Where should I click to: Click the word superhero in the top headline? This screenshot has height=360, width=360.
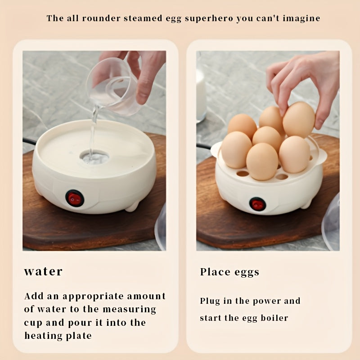point(209,19)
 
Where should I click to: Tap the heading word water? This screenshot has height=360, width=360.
point(43,271)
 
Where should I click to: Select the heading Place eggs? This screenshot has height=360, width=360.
point(229,272)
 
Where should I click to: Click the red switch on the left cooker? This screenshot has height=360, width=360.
point(75,198)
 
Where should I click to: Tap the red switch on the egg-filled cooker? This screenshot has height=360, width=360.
point(257,204)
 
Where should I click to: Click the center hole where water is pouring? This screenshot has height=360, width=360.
point(94,157)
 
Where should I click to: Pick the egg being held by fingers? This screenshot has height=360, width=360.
point(299,120)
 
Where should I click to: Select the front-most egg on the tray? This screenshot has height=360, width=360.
point(262,162)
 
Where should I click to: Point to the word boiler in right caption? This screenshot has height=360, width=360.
point(274,318)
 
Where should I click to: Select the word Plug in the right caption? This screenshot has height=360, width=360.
point(210,301)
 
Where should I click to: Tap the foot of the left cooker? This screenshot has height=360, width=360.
point(132,207)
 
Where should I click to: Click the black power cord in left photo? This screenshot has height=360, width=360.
point(29,141)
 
